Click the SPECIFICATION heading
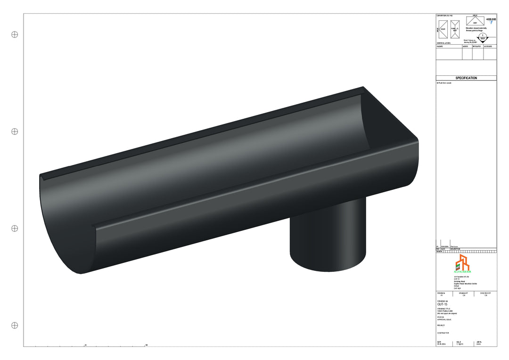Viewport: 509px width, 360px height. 466,78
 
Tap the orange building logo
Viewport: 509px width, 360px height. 462,262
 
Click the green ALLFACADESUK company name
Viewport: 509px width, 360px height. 462,272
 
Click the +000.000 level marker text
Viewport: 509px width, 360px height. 491,19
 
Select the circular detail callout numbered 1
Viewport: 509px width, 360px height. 483,37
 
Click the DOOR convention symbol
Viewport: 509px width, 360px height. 443,29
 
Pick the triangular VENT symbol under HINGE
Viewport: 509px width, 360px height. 475,21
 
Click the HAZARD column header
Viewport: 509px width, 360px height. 440,47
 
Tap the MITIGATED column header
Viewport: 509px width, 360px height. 477,47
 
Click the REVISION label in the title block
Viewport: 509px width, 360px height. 441,293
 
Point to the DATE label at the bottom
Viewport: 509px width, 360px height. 439,342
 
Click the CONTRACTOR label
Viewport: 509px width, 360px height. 443,333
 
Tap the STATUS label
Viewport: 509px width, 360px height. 441,317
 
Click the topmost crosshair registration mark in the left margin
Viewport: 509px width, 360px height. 15,34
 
